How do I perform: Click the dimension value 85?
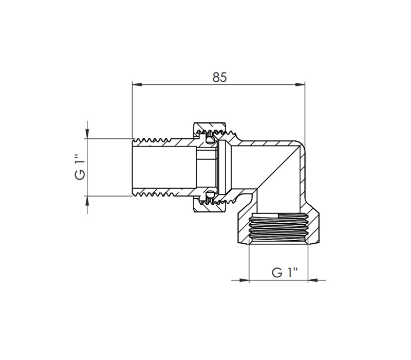point(219,78)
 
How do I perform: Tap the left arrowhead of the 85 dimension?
point(137,84)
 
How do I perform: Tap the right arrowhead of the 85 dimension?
point(300,84)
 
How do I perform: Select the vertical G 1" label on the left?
point(80,167)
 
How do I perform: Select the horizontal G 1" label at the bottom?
point(285,273)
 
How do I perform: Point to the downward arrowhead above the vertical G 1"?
point(87,134)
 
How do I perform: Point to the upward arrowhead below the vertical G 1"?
point(87,201)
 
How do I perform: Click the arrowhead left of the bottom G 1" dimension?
point(244,280)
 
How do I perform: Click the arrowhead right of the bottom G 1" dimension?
point(313,280)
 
